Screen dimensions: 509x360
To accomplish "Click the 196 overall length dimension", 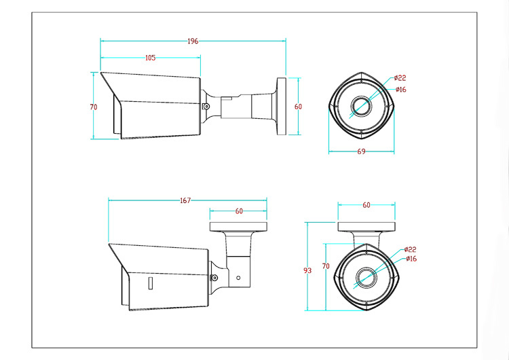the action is click(193, 41).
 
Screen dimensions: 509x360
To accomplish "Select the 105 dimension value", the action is click(150, 58).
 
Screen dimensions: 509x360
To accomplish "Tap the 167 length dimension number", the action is click(185, 200).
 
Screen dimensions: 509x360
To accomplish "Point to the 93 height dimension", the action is click(307, 270).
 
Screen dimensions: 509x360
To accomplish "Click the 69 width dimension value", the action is click(361, 151).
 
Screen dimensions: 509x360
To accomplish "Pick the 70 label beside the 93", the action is click(326, 266).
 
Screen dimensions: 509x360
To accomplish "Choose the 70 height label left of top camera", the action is click(94, 107).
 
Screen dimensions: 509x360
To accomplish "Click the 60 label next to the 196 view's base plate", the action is click(298, 107).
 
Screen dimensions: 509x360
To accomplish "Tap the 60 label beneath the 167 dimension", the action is click(239, 211).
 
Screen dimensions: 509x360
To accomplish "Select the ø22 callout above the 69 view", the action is click(400, 78).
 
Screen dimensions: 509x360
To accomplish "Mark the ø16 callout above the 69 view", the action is click(401, 90).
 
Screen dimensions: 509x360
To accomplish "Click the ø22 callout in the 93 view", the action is click(411, 249).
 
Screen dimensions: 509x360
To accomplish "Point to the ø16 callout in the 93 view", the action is click(411, 259).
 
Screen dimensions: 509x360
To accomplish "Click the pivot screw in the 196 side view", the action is click(206, 106).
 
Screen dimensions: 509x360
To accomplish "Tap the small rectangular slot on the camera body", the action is click(150, 283).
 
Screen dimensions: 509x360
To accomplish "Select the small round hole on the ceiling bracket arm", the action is click(238, 278).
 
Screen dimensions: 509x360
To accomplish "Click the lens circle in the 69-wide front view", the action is click(361, 106).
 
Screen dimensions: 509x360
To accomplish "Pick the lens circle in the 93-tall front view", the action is click(366, 278).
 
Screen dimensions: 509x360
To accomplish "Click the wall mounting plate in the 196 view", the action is click(281, 106).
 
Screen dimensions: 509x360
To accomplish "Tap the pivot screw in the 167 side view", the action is click(214, 278).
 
